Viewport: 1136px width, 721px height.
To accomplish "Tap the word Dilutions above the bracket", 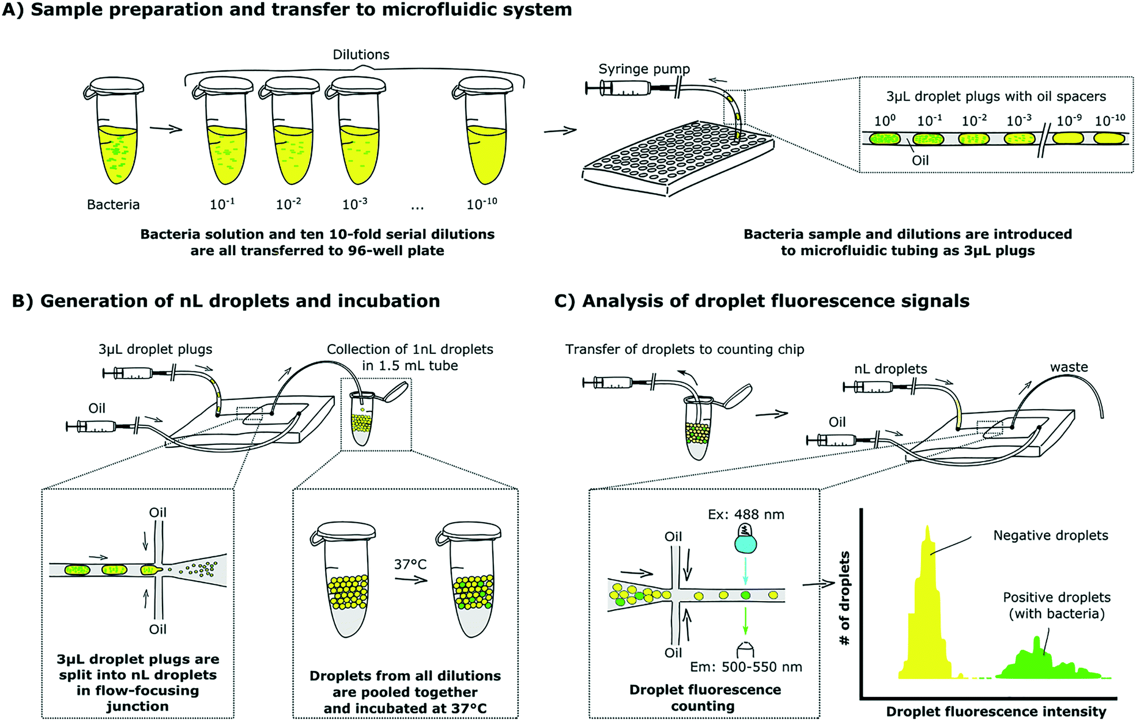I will tap(361, 55).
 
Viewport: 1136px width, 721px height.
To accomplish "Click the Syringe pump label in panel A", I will tap(644, 69).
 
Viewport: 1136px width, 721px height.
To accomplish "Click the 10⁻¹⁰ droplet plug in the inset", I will tap(1109, 139).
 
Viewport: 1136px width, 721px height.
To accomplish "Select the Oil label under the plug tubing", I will tap(920, 161).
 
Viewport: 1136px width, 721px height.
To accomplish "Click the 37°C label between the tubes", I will tap(410, 564).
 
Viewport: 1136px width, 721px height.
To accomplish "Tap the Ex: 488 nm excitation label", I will tap(746, 515).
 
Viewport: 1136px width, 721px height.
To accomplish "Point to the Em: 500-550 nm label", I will tap(746, 667).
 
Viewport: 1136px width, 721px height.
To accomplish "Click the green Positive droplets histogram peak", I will tap(1037, 663).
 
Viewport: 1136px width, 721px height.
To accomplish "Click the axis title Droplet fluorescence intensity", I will tap(996, 712).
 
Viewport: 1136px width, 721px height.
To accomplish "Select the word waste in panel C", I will tap(1069, 367).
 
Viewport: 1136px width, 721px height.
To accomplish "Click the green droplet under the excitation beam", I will tap(745, 595).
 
